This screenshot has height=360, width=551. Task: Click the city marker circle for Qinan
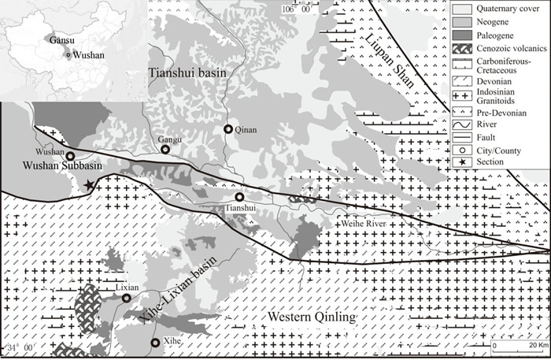[x=228, y=129]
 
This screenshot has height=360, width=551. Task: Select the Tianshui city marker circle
[x=239, y=197]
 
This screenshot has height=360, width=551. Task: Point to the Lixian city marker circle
[x=126, y=299]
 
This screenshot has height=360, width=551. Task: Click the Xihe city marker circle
[x=155, y=342]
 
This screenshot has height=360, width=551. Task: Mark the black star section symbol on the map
[x=89, y=184]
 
